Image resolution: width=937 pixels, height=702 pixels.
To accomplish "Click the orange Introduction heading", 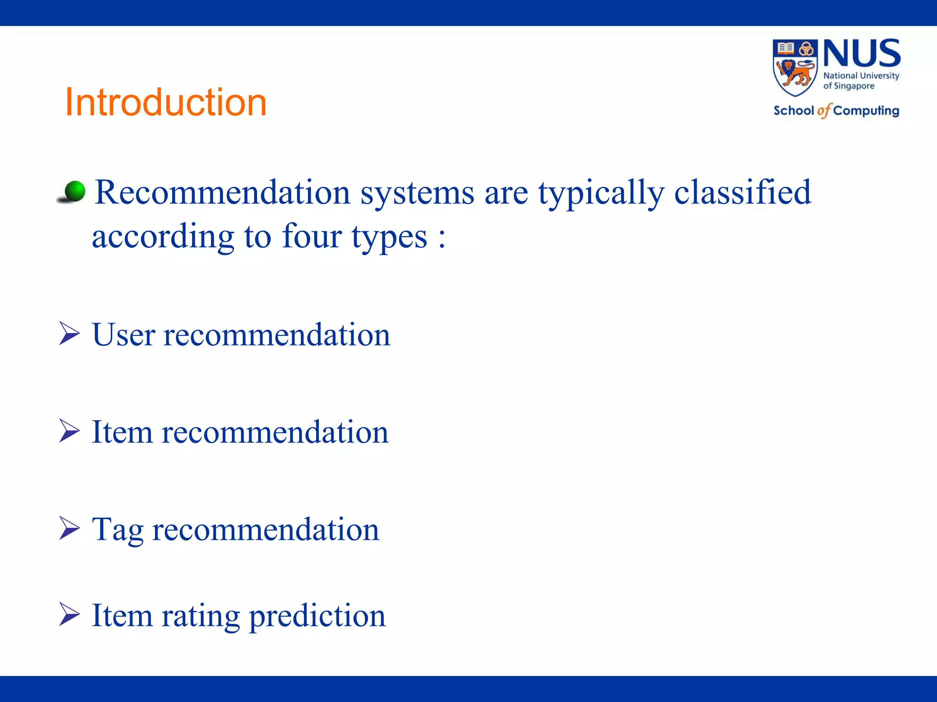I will [166, 102].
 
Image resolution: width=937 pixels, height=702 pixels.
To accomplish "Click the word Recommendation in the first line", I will [222, 192].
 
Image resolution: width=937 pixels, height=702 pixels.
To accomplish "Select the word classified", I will [742, 192].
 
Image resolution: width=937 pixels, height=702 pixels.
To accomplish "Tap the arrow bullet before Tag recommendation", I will [69, 528].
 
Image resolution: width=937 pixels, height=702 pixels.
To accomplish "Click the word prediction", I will [317, 616].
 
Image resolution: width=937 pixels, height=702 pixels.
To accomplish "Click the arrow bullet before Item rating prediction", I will [69, 614].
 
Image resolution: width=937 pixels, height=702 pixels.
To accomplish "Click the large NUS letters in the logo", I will [862, 54].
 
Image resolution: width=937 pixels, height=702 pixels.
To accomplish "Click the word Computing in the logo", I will [866, 111].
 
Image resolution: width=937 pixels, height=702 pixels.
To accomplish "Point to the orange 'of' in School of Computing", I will [824, 111].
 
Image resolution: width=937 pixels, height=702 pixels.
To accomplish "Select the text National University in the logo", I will [861, 76].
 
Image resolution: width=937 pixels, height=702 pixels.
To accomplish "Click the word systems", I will [417, 193].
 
